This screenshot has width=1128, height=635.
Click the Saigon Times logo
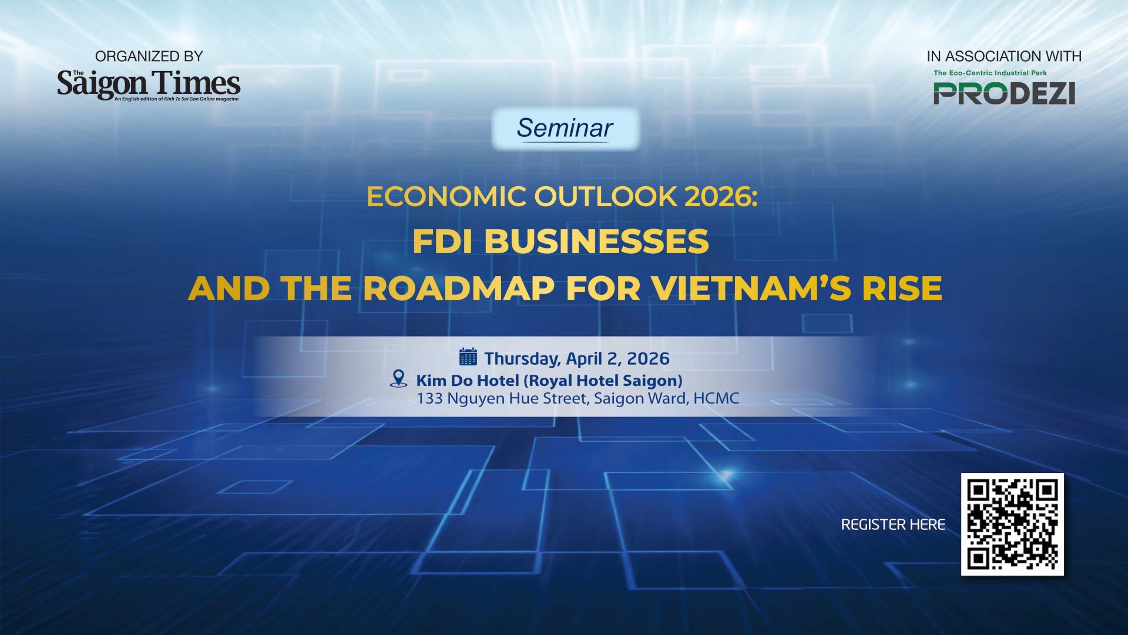coord(149,85)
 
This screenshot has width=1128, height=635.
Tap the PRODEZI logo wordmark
coord(1004,93)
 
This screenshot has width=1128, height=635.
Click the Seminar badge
coord(565,129)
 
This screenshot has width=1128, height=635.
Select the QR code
coord(1012,524)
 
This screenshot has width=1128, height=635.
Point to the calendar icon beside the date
coord(468,357)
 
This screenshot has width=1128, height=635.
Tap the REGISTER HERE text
coord(893,525)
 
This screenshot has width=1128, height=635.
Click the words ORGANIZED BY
coord(149,56)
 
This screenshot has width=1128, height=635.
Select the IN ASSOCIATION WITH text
coord(1004,56)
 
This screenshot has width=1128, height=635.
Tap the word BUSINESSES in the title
coord(596,241)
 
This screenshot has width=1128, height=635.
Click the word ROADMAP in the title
coord(459,288)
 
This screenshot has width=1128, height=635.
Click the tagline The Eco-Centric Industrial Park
coord(990,73)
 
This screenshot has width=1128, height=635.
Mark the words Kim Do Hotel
coord(468,381)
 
